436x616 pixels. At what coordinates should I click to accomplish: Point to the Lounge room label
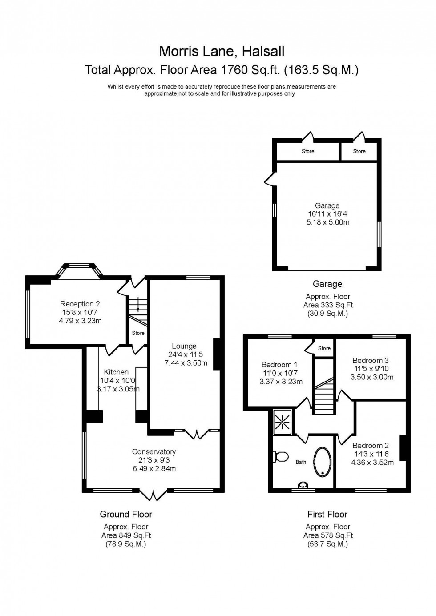coord(184,346)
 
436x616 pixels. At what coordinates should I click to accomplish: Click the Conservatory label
coord(154,451)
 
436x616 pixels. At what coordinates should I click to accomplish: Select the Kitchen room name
coord(116,372)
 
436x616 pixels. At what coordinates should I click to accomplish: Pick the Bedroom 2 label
coord(371,445)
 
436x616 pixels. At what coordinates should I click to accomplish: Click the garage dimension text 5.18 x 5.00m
coord(327,222)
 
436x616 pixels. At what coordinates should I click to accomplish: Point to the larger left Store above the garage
coord(308,151)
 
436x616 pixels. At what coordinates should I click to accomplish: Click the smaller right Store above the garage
coord(359,151)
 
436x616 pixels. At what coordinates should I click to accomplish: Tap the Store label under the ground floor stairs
coord(138,333)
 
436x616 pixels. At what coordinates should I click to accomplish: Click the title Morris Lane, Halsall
coord(222,52)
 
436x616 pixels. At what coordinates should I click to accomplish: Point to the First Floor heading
coord(327,514)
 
